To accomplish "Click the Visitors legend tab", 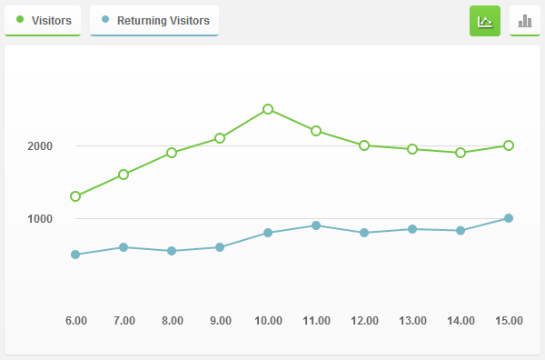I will (43, 20).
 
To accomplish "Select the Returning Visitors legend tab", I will (154, 20).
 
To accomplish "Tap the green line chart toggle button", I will (485, 21).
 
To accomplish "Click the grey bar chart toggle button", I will (525, 21).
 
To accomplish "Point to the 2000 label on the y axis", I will (40, 146).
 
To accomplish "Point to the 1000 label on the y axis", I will (40, 219).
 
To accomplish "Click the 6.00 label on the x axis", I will (76, 321).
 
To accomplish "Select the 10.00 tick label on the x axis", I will (268, 321).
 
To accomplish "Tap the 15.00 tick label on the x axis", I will (509, 321).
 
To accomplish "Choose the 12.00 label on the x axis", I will (364, 321).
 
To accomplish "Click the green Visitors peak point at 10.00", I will (268, 109).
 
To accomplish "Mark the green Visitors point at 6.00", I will (75, 196).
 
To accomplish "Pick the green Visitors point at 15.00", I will (509, 145).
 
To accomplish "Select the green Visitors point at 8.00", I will (172, 153).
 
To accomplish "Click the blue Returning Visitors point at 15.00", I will (509, 218).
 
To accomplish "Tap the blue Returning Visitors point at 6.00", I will (75, 255).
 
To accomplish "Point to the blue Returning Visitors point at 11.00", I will (316, 225).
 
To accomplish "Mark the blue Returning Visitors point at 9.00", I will (220, 247).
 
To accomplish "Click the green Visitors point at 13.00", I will (412, 149).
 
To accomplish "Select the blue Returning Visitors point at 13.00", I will (412, 229).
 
